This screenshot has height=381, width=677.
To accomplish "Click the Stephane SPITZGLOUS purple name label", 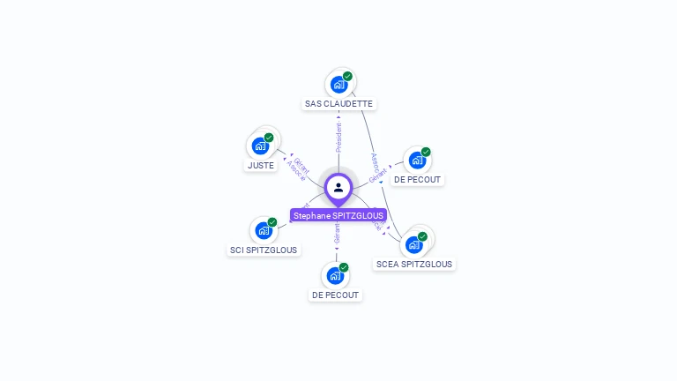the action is (338, 215).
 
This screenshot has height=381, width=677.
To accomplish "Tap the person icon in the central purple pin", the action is (338, 187).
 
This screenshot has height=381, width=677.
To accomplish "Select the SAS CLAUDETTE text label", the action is (338, 103).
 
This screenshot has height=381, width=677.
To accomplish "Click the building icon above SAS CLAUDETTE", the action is (338, 85).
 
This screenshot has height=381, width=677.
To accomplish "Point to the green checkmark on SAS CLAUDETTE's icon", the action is (348, 76).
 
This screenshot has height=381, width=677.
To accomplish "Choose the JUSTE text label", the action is (261, 165).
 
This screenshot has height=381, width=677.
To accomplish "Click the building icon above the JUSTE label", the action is (260, 146).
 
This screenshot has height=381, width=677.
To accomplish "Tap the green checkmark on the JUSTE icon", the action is (270, 137).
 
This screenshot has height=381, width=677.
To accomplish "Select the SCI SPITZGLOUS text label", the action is (264, 250).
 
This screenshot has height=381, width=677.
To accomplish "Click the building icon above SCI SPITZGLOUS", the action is (263, 231).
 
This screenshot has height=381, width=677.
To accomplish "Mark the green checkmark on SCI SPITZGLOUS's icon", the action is (272, 221).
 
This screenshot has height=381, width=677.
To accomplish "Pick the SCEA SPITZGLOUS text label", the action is (413, 264).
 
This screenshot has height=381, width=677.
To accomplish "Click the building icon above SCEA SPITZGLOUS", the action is (413, 244).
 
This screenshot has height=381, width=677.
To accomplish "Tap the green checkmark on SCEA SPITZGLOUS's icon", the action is (423, 235).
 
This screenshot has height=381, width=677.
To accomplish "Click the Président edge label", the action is (338, 137).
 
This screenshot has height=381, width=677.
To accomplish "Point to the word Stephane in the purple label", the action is (310, 215).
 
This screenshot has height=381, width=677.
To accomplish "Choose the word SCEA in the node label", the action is (387, 264).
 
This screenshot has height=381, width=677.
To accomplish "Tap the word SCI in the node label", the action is (237, 250).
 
